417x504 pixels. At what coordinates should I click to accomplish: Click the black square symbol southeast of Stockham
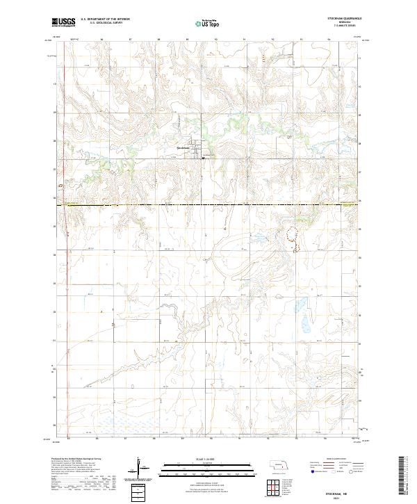[x=202, y=158]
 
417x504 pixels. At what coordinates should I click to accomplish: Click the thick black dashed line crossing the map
[x=208, y=204]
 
